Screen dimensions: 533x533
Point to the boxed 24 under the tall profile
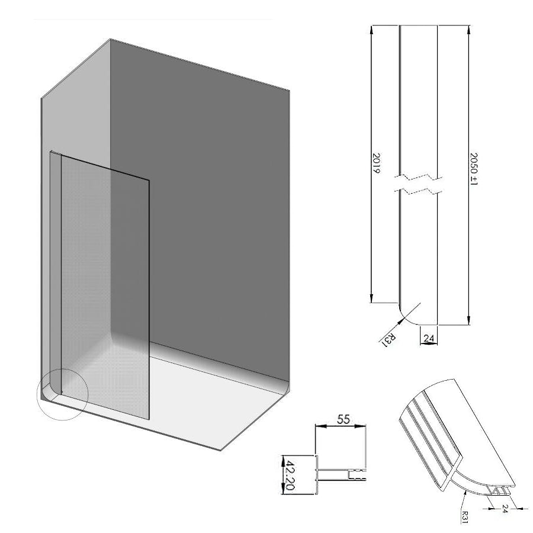[x=429, y=338]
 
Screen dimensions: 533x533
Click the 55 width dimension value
[x=342, y=419]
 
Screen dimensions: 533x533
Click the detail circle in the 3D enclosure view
[x=63, y=394]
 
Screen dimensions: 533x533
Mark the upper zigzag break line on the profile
[x=419, y=177]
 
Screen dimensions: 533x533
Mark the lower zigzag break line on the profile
[x=419, y=191]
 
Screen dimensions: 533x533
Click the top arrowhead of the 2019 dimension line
[x=372, y=30]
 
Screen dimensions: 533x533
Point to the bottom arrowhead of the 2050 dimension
[x=468, y=322]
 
